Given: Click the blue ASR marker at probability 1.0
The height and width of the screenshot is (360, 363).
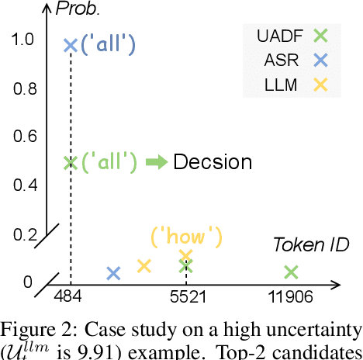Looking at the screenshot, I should [x=70, y=47].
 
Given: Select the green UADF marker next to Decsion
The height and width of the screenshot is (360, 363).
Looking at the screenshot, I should [x=70, y=162].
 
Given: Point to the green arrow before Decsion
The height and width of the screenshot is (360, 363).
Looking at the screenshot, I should [x=155, y=162].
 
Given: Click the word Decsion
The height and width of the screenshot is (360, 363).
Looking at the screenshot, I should [x=212, y=162].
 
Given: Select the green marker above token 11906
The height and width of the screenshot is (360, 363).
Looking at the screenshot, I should [x=290, y=272].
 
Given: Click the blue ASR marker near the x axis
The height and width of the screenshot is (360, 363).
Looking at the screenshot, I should [x=113, y=272].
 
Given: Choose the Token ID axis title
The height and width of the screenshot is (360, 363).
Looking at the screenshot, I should [x=310, y=245].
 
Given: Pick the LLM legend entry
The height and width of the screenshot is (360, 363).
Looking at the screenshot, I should [x=282, y=83].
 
